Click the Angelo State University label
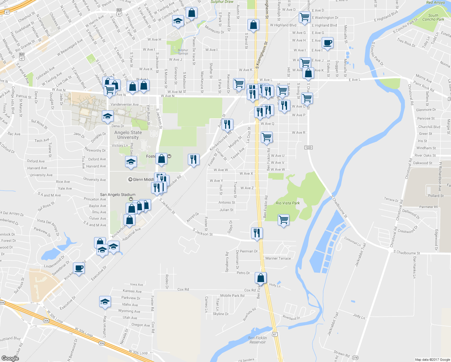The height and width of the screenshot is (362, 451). (128, 135)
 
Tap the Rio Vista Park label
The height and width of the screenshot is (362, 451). (288, 203)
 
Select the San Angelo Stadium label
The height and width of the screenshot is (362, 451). (118, 195)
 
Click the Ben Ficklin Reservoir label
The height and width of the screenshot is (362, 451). (257, 340)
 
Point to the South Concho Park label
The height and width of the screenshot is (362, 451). (433, 17)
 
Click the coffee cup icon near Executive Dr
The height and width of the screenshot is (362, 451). (79, 268)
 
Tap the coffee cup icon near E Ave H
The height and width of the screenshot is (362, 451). (327, 43)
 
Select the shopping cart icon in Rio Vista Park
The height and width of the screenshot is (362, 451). (283, 220)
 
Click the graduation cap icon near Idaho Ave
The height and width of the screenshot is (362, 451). (105, 301)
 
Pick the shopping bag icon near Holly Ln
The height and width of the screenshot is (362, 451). (261, 278)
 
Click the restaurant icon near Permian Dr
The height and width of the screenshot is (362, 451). (257, 233)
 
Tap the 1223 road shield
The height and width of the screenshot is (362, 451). (308, 148)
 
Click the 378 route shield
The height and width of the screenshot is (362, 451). (355, 358)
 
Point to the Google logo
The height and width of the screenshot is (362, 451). (10, 358)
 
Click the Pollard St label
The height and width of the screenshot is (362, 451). (436, 196)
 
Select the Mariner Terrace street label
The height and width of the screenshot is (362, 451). (278, 259)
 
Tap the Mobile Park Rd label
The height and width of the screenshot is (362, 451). (232, 296)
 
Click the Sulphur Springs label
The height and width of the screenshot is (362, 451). (183, 52)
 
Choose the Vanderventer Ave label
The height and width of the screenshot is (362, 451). (125, 105)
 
